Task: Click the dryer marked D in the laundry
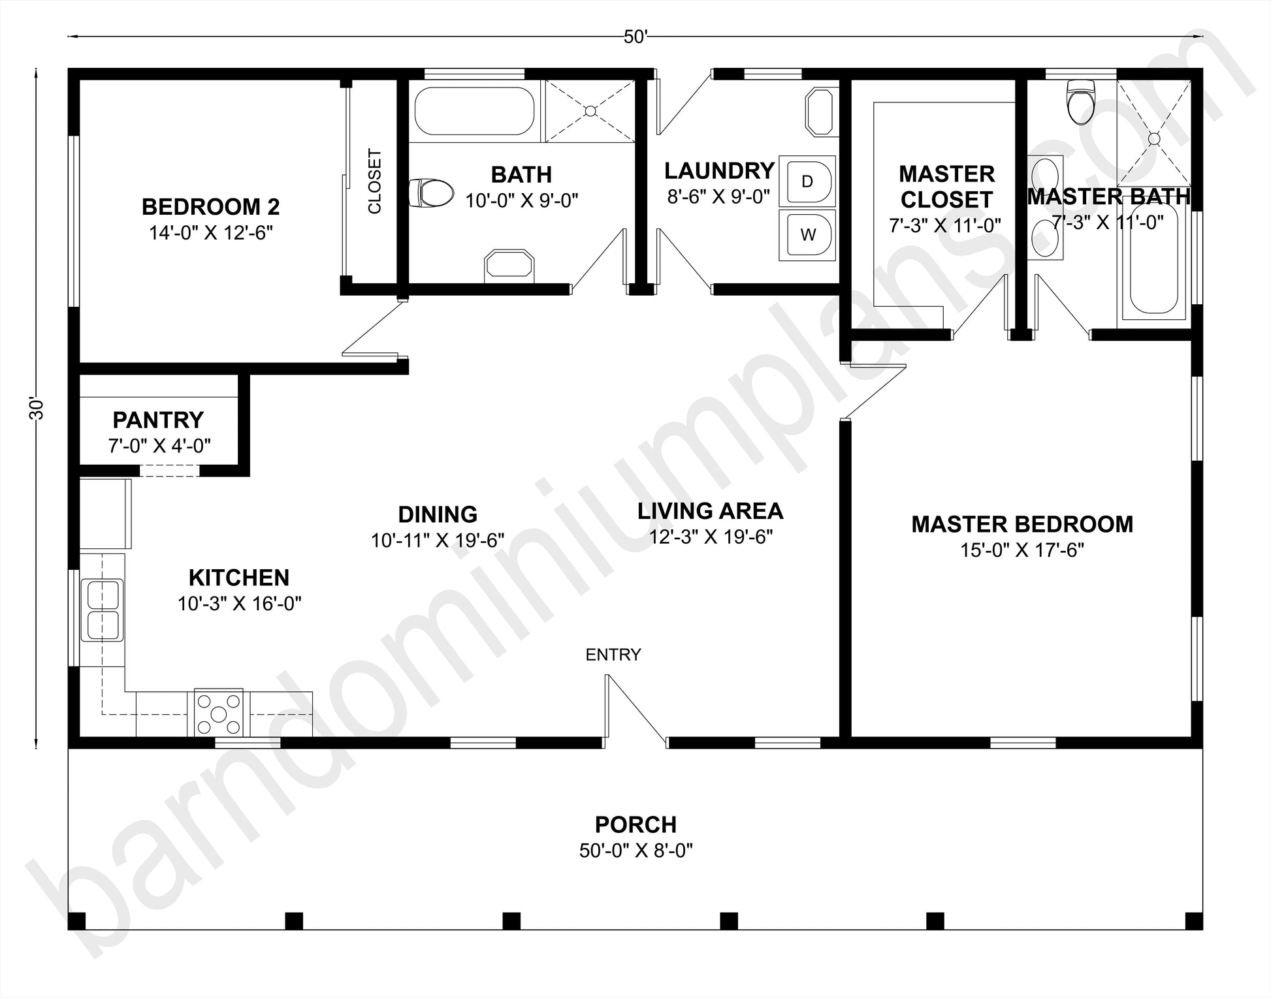pos(807,181)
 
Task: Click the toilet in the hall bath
pos(430,193)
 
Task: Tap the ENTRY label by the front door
pos(613,655)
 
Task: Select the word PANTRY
pos(158,420)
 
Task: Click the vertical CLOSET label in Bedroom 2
pos(374,181)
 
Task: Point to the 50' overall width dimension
pos(635,37)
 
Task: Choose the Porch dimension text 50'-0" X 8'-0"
pos(635,850)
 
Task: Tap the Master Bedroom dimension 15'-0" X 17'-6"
pos(1022,550)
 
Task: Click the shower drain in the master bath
pos(1154,138)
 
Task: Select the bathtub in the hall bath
pos(475,111)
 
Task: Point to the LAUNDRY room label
pos(720,171)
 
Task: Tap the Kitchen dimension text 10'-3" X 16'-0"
pos(240,604)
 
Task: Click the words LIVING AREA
pos(711,510)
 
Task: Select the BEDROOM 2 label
pos(211,207)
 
